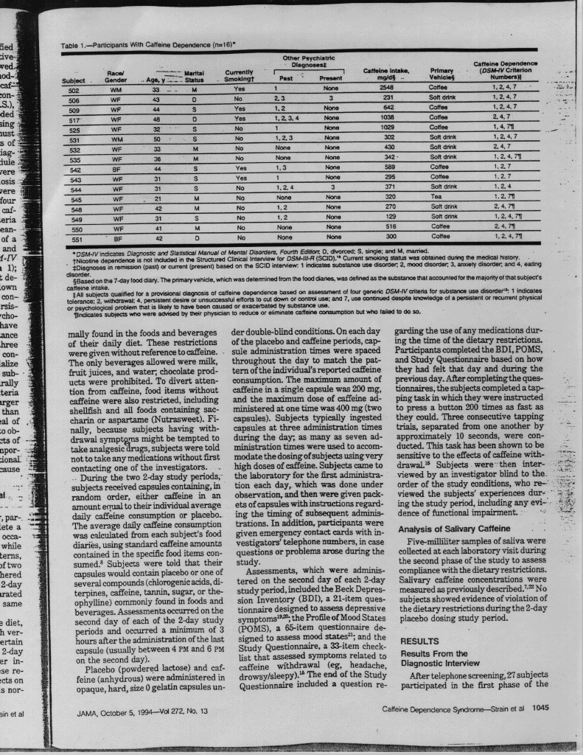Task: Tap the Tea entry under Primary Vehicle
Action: point(438,198)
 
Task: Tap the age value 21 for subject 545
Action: point(157,198)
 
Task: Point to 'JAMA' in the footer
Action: point(90,712)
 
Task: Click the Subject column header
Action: point(74,78)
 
